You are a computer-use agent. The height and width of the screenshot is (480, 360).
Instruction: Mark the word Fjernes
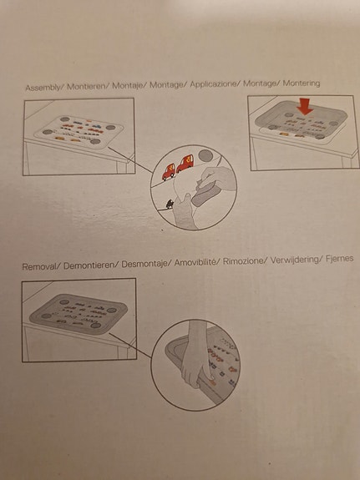tap(338, 260)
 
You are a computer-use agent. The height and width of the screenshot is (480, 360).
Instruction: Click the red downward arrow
tap(304, 106)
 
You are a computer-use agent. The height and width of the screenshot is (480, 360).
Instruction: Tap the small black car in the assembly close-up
tap(170, 203)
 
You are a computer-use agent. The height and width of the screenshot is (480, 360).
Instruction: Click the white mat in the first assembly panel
tap(79, 133)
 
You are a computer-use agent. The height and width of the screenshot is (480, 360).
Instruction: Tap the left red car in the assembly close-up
tap(167, 171)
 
